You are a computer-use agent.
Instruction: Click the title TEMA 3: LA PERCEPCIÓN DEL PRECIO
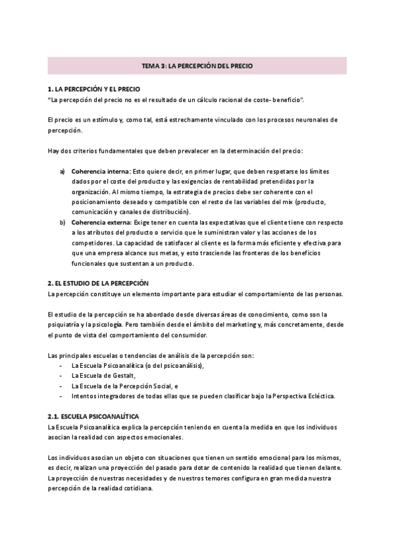pyautogui.click(x=197, y=66)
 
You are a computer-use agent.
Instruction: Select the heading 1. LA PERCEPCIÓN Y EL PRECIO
pyautogui.click(x=94, y=89)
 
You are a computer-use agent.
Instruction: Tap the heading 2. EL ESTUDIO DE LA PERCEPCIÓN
pyautogui.click(x=99, y=282)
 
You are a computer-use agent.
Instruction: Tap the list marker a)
pyautogui.click(x=63, y=171)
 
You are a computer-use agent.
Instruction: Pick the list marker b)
pyautogui.click(x=63, y=222)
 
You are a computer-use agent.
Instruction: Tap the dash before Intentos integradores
pyautogui.click(x=61, y=396)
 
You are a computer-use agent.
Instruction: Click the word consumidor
pyautogui.click(x=189, y=336)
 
